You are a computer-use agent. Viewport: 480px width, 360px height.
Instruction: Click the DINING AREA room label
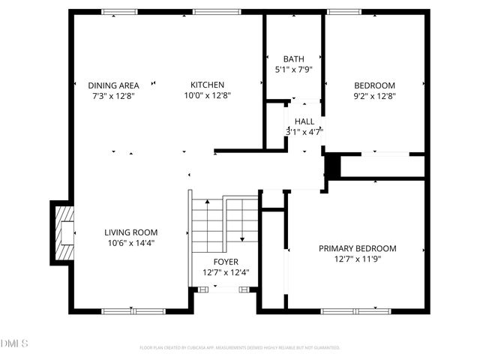coord(114,85)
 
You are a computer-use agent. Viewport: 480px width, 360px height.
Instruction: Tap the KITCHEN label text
coord(207,85)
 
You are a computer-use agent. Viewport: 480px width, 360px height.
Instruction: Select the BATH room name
coord(293,59)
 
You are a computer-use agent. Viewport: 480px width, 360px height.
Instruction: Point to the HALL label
coord(304,121)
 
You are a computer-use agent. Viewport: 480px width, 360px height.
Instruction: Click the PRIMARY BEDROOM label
coord(357,248)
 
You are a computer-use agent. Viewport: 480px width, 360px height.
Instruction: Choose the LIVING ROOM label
coord(131,232)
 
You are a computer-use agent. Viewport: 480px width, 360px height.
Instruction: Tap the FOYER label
coord(226,262)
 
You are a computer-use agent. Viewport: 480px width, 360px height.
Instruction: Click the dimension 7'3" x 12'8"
coord(114,95)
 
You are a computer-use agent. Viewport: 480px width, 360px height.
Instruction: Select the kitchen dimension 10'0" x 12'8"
coord(207,95)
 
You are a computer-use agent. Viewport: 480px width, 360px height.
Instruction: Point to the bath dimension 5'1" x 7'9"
coord(293,70)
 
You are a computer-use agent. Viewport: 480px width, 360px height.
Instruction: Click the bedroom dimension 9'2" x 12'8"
coord(374,95)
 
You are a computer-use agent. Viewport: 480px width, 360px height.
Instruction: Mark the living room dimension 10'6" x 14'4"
coord(131,243)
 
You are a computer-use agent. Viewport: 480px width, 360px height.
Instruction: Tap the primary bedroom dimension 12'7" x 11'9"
coord(357,259)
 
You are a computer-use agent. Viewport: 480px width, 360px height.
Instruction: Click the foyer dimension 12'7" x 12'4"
coord(226,272)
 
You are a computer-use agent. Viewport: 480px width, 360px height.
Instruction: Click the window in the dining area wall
coord(120,11)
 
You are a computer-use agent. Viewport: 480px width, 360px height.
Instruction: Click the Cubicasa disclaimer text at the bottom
coord(240,347)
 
